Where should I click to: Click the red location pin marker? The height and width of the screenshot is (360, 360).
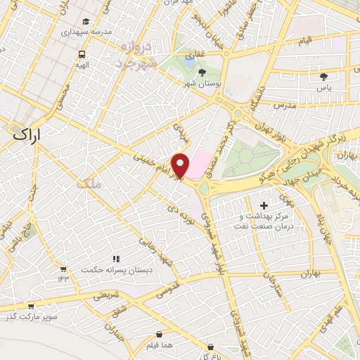(181, 166)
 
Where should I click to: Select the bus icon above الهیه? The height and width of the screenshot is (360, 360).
(82, 53)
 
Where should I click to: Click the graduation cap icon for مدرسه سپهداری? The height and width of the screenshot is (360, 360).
(86, 22)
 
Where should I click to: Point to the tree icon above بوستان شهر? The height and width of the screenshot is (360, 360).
(202, 72)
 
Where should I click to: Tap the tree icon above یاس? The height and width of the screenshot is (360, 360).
(324, 77)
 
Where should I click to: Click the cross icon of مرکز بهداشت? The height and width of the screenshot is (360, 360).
(264, 205)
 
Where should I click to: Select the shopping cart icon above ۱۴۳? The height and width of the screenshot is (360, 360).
(63, 269)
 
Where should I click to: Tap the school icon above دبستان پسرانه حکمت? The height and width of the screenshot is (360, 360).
(116, 259)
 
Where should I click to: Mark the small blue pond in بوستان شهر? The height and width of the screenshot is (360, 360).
(190, 62)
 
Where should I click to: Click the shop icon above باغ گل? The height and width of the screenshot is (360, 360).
(211, 347)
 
